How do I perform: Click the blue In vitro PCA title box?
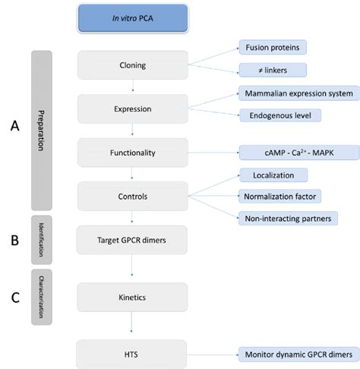click(132, 18)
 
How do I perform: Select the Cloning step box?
click(132, 65)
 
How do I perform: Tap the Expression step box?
click(132, 109)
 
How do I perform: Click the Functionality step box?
click(132, 153)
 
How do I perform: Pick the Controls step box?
click(132, 196)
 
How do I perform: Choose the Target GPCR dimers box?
click(132, 239)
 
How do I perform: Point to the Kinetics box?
click(132, 297)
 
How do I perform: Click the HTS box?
click(132, 354)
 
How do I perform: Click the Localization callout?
click(273, 175)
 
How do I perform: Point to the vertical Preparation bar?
click(40, 131)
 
